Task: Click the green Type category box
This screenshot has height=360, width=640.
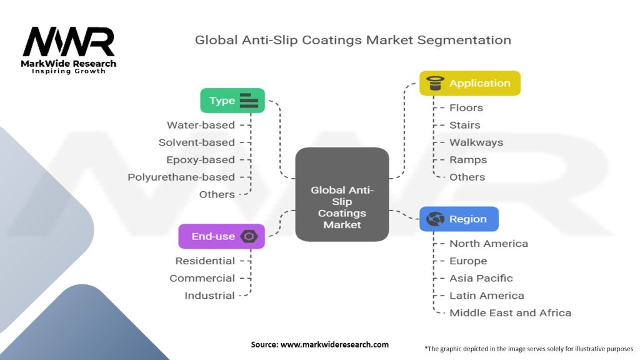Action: click(232, 101)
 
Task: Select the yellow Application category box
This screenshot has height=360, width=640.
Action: click(469, 83)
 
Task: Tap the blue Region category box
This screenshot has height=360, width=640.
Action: click(459, 219)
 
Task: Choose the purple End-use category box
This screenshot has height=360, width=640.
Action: click(221, 236)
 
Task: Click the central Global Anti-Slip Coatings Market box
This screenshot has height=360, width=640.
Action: click(342, 194)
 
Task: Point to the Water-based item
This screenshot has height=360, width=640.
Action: click(201, 125)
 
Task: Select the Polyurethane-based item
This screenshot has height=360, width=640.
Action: click(181, 177)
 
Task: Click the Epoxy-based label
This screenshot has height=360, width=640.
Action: click(201, 159)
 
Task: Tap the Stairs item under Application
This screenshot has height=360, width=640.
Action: click(465, 125)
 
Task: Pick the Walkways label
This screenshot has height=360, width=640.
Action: click(476, 142)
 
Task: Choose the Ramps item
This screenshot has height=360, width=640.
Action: click(468, 159)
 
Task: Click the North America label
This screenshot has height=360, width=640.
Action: click(489, 244)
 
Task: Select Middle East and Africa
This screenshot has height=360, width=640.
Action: click(510, 312)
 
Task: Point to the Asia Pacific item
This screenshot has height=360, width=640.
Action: click(481, 278)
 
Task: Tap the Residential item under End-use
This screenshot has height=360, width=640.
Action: click(205, 261)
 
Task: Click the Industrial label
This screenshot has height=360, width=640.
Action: click(209, 296)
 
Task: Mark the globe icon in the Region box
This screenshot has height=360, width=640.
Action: click(435, 219)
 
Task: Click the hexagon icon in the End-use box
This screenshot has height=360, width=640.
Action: click(249, 236)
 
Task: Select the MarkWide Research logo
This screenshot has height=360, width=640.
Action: click(69, 50)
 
